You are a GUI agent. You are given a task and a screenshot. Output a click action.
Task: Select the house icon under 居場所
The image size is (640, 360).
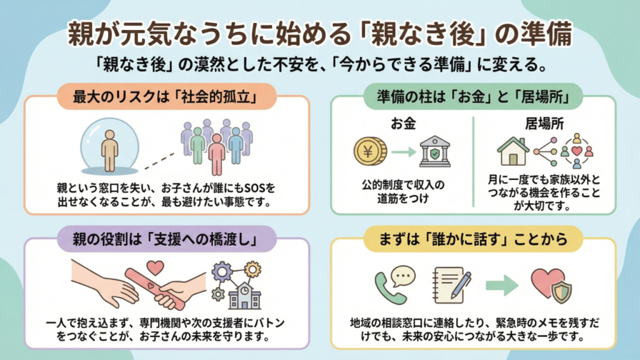coord(512,151)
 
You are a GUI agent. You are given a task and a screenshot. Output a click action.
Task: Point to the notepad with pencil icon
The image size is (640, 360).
coord(450,284)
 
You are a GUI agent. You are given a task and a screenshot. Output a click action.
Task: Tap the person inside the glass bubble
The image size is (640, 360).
coord(110,150)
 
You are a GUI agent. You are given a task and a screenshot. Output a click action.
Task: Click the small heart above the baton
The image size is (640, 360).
coord(156,268)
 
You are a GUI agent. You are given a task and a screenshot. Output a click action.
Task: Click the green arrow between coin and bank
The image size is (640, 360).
coord(404,151)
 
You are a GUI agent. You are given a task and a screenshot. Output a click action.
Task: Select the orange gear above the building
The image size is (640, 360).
coord(252,269)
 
